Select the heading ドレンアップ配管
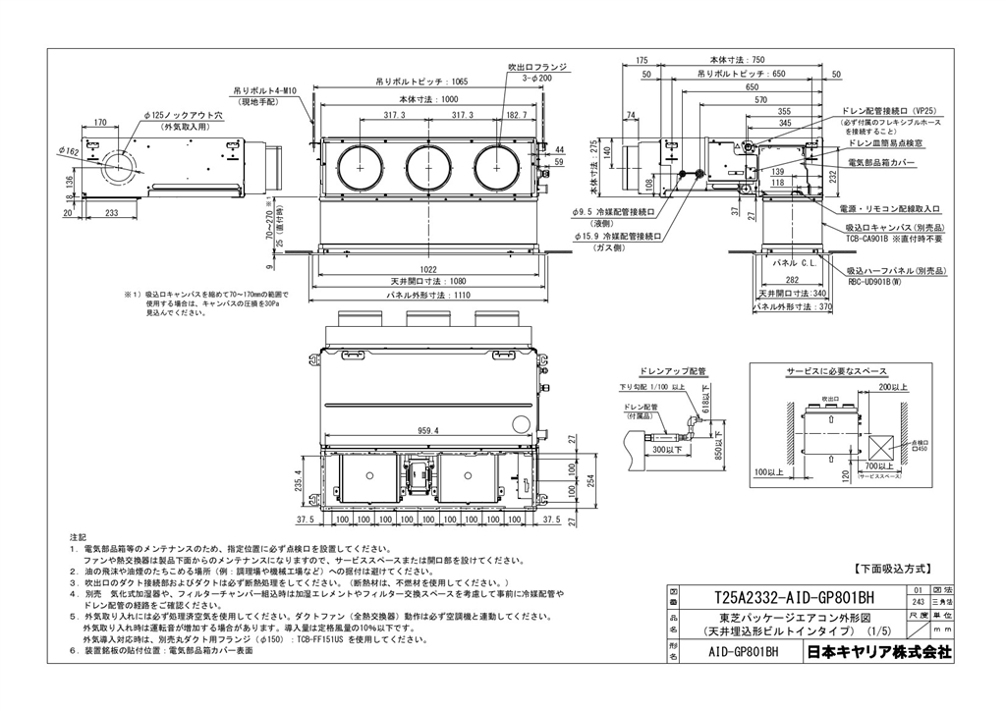(672, 371)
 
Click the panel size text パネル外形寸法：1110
(428, 294)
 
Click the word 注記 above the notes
(78, 537)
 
